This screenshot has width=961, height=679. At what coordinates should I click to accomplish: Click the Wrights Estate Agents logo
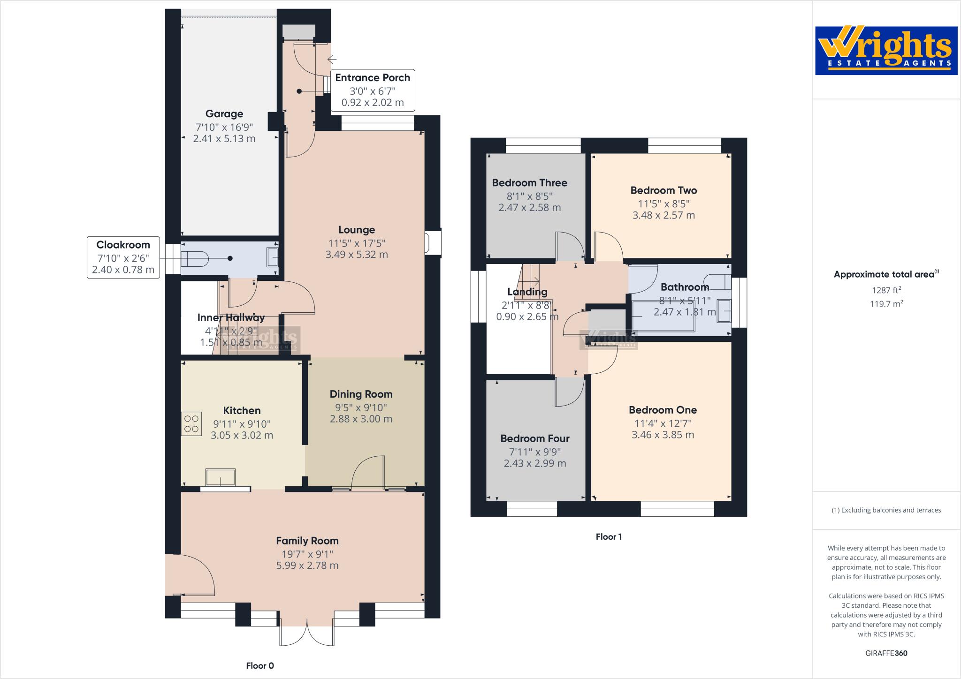886,51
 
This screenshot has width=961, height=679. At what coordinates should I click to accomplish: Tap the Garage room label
224,114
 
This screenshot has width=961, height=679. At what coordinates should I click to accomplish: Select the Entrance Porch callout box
372,90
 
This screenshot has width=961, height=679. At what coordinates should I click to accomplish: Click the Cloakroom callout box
123,257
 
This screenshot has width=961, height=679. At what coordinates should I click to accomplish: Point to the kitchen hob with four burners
191,423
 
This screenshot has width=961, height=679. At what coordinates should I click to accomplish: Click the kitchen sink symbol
221,478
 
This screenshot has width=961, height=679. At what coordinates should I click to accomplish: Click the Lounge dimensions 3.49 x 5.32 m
357,255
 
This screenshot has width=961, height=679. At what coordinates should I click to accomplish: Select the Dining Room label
361,394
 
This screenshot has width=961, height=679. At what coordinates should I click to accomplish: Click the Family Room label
307,541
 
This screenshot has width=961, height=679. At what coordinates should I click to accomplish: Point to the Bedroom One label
663,410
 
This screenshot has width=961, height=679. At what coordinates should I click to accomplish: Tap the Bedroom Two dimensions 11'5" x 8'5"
663,204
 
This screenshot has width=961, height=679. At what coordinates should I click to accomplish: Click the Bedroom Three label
529,183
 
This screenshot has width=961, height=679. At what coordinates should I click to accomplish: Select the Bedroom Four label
534,438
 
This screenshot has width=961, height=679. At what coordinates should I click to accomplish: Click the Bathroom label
684,287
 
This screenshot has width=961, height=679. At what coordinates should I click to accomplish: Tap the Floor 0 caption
259,665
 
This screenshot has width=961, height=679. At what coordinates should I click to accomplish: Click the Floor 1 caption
609,536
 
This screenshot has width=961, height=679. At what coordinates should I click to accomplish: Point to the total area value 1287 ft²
886,290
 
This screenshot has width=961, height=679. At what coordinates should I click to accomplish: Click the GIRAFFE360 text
886,653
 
